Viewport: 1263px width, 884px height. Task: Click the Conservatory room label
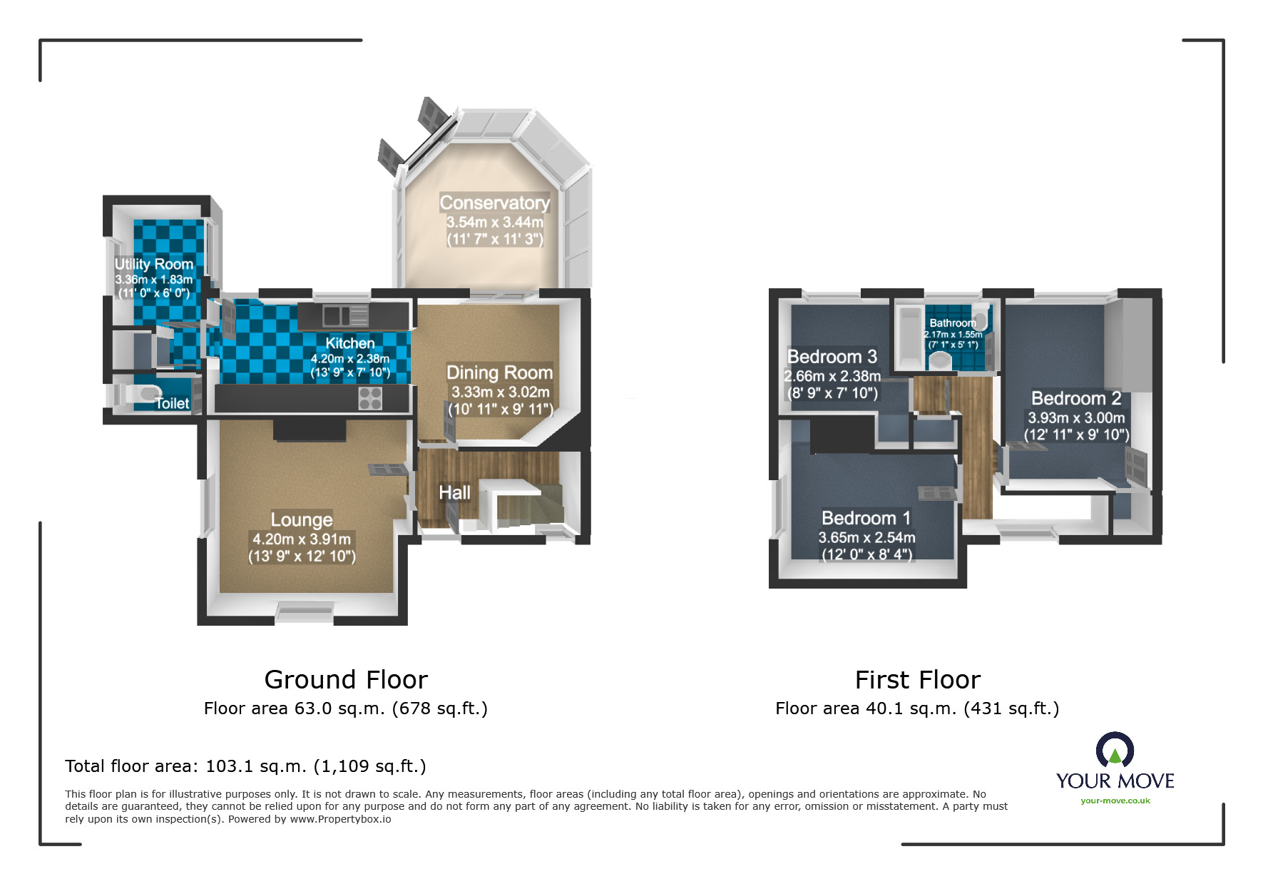(494, 203)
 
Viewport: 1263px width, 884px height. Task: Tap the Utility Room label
(153, 264)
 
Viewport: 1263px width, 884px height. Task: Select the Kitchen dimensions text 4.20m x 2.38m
(349, 359)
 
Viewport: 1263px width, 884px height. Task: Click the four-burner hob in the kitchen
(370, 398)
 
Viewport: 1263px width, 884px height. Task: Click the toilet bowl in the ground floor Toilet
(146, 393)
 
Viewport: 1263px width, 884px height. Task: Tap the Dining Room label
(499, 372)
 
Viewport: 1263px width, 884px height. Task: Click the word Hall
(454, 492)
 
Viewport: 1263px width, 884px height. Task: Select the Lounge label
(302, 519)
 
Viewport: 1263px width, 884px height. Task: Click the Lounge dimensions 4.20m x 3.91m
(302, 539)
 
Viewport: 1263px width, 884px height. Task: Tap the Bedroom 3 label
(832, 357)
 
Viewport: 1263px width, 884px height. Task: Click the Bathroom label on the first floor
(953, 323)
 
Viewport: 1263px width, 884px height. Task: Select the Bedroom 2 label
(1076, 398)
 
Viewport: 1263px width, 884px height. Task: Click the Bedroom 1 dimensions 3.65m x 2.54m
(866, 538)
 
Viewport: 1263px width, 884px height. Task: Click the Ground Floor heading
(346, 680)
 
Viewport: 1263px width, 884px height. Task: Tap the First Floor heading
(917, 680)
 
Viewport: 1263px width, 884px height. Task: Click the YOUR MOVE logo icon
(1115, 751)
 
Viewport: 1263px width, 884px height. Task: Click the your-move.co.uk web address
(1115, 801)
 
